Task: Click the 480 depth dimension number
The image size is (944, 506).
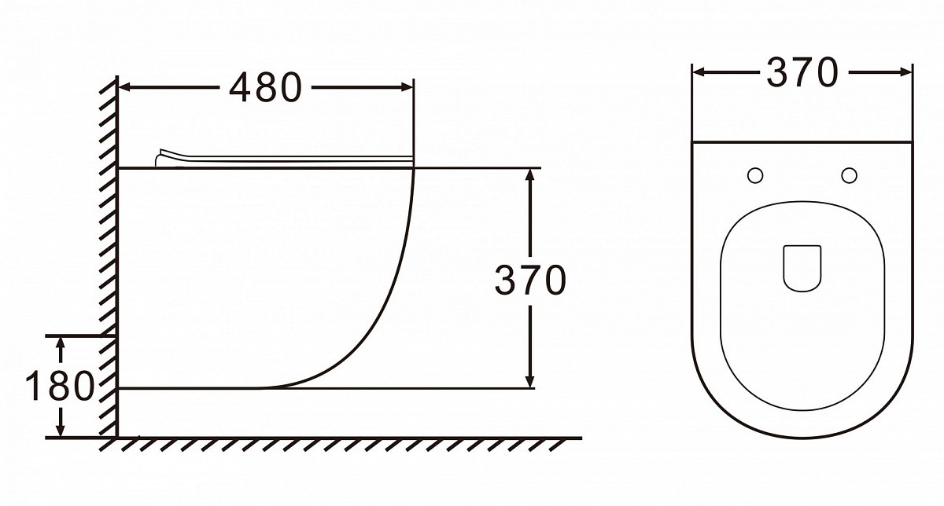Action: (266, 87)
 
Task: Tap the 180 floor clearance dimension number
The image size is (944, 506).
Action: (60, 386)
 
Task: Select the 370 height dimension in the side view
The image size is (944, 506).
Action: (530, 280)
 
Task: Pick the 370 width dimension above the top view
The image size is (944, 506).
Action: (802, 73)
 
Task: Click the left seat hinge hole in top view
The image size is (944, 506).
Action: (755, 175)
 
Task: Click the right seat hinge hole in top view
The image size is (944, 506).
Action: (849, 175)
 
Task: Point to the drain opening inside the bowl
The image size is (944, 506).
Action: (802, 268)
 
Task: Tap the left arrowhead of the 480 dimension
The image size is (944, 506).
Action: (125, 87)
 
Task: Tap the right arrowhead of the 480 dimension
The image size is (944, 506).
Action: (407, 87)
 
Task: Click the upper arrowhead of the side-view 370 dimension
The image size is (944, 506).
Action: (530, 175)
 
